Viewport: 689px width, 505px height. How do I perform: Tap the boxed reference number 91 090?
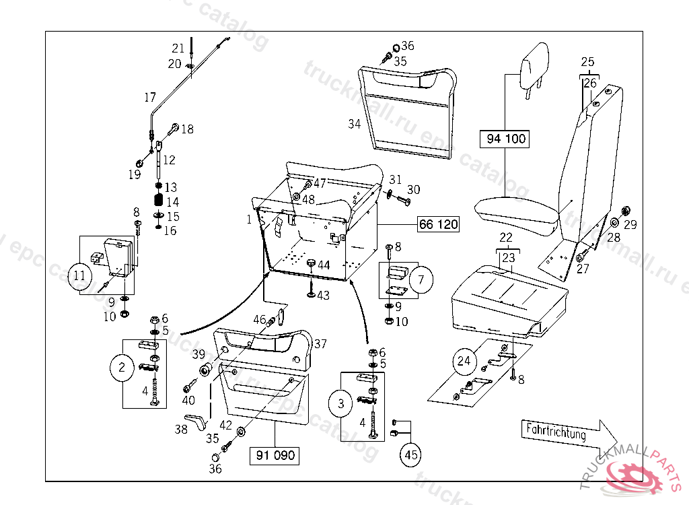(x=275, y=455)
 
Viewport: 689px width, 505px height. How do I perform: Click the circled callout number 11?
(x=81, y=276)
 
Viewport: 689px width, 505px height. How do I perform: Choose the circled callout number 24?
(x=464, y=361)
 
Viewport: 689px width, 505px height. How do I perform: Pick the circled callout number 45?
(x=411, y=455)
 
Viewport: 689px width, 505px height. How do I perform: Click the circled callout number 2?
(x=122, y=368)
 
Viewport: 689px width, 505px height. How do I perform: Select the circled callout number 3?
(x=341, y=404)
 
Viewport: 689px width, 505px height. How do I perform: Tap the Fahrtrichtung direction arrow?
(x=563, y=432)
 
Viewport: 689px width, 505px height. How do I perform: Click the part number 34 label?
(x=355, y=124)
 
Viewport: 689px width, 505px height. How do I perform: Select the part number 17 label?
(x=149, y=98)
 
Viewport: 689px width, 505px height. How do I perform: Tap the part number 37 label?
(x=320, y=344)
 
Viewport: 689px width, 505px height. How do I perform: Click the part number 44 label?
(x=324, y=266)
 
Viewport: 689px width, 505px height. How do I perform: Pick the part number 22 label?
(x=506, y=238)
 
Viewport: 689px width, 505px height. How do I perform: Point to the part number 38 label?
(x=182, y=430)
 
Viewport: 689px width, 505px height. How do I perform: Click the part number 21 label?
(x=178, y=48)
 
